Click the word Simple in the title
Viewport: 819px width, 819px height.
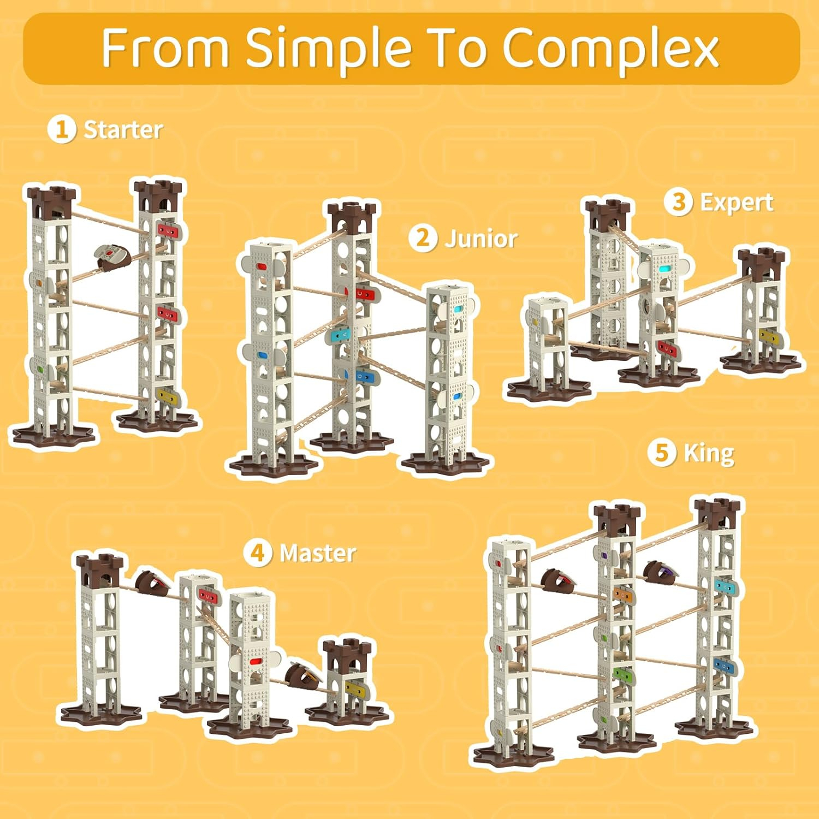click(x=329, y=48)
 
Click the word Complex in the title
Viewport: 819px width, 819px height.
click(x=610, y=48)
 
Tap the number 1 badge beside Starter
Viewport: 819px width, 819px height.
click(x=61, y=130)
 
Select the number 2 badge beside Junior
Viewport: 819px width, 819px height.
click(x=423, y=238)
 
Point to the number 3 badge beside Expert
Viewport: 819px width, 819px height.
click(x=678, y=202)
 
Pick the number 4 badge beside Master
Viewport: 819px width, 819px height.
click(x=258, y=553)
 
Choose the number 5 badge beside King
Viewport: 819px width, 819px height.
click(x=662, y=453)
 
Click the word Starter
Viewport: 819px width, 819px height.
click(x=123, y=130)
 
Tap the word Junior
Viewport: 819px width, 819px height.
click(x=481, y=239)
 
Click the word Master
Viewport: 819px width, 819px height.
click(x=318, y=553)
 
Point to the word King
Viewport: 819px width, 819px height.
click(x=709, y=454)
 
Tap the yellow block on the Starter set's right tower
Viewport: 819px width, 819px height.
click(x=168, y=395)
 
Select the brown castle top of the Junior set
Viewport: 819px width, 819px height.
click(x=352, y=216)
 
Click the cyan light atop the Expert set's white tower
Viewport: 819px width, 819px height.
click(x=664, y=269)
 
